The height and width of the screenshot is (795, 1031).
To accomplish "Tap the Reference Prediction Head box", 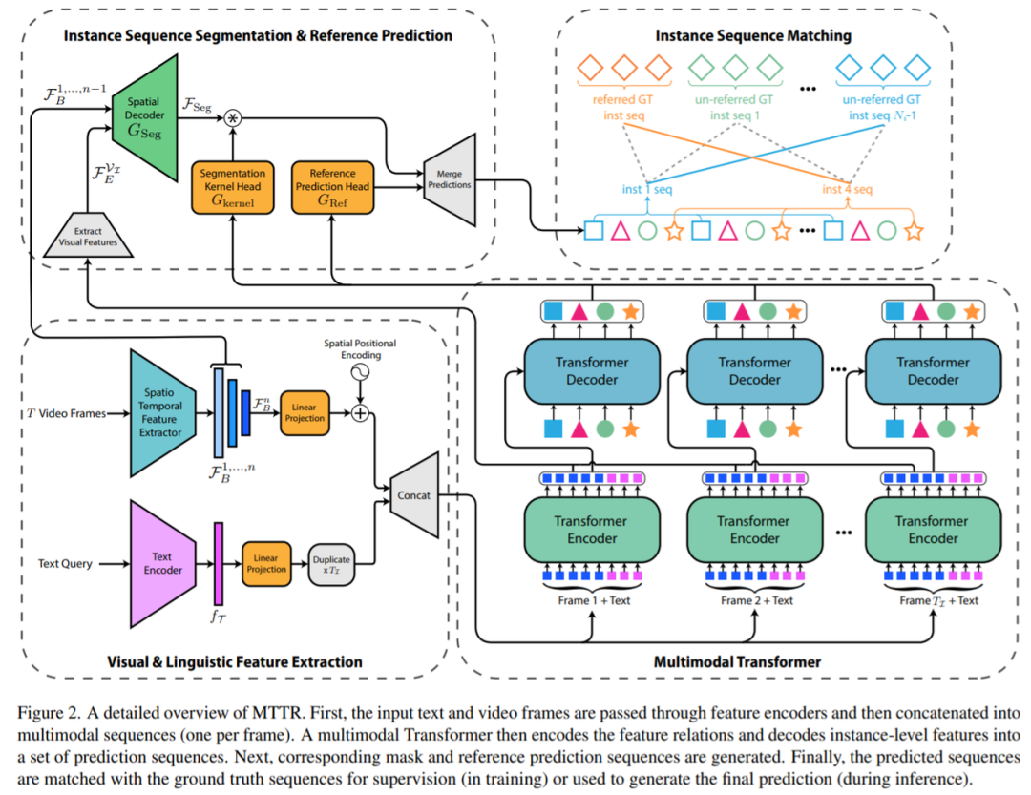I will pyautogui.click(x=332, y=187).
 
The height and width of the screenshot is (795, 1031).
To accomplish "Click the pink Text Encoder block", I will pyautogui.click(x=162, y=563).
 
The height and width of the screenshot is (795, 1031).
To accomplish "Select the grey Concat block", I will pyautogui.click(x=414, y=494).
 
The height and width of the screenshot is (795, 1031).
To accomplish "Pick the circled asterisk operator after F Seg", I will pyautogui.click(x=230, y=118).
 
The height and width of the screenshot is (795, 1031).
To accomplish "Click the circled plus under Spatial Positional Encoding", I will pyautogui.click(x=360, y=413).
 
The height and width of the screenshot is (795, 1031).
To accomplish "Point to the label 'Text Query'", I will pyautogui.click(x=66, y=564).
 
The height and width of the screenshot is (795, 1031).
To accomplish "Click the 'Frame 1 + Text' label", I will pyautogui.click(x=594, y=600).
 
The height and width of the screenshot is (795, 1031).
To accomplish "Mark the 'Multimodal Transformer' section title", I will pyautogui.click(x=737, y=660).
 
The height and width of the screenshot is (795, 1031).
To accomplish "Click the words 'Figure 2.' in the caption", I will pyautogui.click(x=45, y=713).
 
